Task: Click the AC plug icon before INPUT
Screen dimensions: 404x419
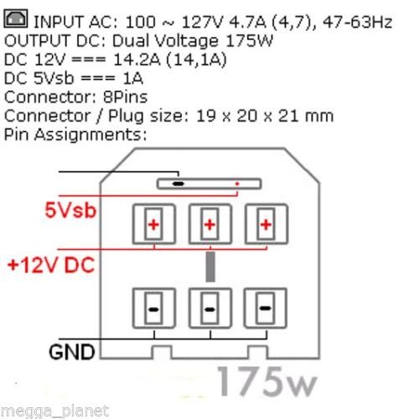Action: (x=16, y=18)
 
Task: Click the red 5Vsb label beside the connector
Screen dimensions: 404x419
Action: (x=70, y=210)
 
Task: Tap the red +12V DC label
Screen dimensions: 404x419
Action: (x=51, y=265)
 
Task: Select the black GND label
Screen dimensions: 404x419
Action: (x=72, y=352)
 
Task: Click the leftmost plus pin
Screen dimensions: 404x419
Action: (x=154, y=225)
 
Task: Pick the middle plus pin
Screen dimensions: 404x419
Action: (x=210, y=225)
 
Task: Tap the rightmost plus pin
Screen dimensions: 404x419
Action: (x=267, y=225)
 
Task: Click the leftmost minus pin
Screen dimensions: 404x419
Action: (x=154, y=308)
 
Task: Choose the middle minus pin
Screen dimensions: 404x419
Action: (x=210, y=308)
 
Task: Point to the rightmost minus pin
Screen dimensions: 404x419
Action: (x=266, y=308)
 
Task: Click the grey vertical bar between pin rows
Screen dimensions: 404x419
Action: (x=210, y=266)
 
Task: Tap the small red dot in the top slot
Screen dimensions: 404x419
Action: (x=237, y=184)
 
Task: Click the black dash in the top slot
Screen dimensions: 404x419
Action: (x=179, y=184)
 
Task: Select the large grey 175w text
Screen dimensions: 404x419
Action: (x=267, y=382)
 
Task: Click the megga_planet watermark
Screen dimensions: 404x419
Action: (x=54, y=411)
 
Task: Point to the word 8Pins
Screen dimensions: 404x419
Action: (x=126, y=97)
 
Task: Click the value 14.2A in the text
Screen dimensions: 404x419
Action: (x=137, y=59)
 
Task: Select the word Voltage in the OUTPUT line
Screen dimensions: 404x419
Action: (x=187, y=41)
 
